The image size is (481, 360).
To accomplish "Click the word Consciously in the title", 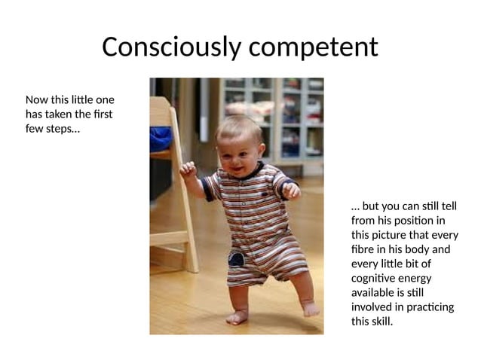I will coord(170,47).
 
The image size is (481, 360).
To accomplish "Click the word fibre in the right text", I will coord(363,249).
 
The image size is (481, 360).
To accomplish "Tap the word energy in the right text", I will coord(421,278).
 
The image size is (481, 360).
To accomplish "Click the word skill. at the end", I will coord(383,322).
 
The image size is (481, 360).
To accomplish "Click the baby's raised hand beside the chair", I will coord(188,170).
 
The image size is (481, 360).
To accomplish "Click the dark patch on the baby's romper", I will coord(236,260).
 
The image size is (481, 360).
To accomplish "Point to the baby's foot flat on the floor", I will coord(237,317).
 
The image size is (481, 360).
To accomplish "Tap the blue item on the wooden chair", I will coord(161,138).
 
